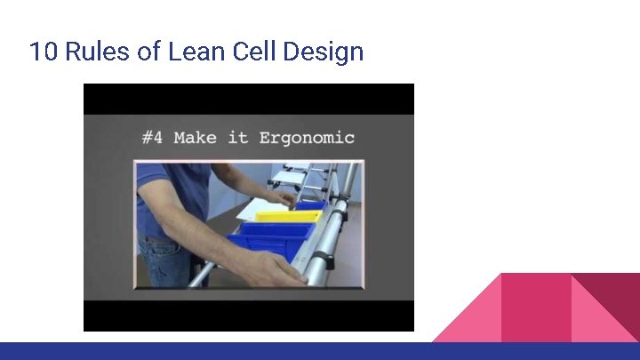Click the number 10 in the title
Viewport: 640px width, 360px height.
tap(41, 52)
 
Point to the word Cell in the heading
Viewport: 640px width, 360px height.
tap(254, 52)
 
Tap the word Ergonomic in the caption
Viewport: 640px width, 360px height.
tap(307, 138)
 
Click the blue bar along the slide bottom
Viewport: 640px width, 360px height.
tap(320, 351)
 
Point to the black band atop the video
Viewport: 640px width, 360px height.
tap(249, 99)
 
